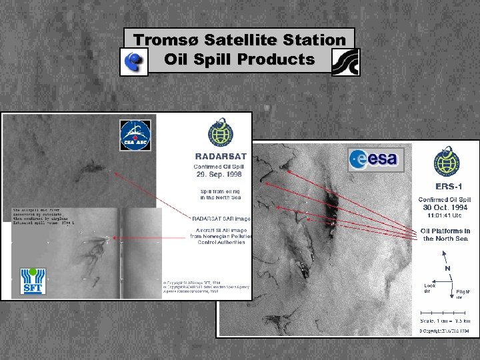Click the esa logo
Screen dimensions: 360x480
373,159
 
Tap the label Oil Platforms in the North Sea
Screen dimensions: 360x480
446,235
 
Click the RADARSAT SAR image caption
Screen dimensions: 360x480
218,217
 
